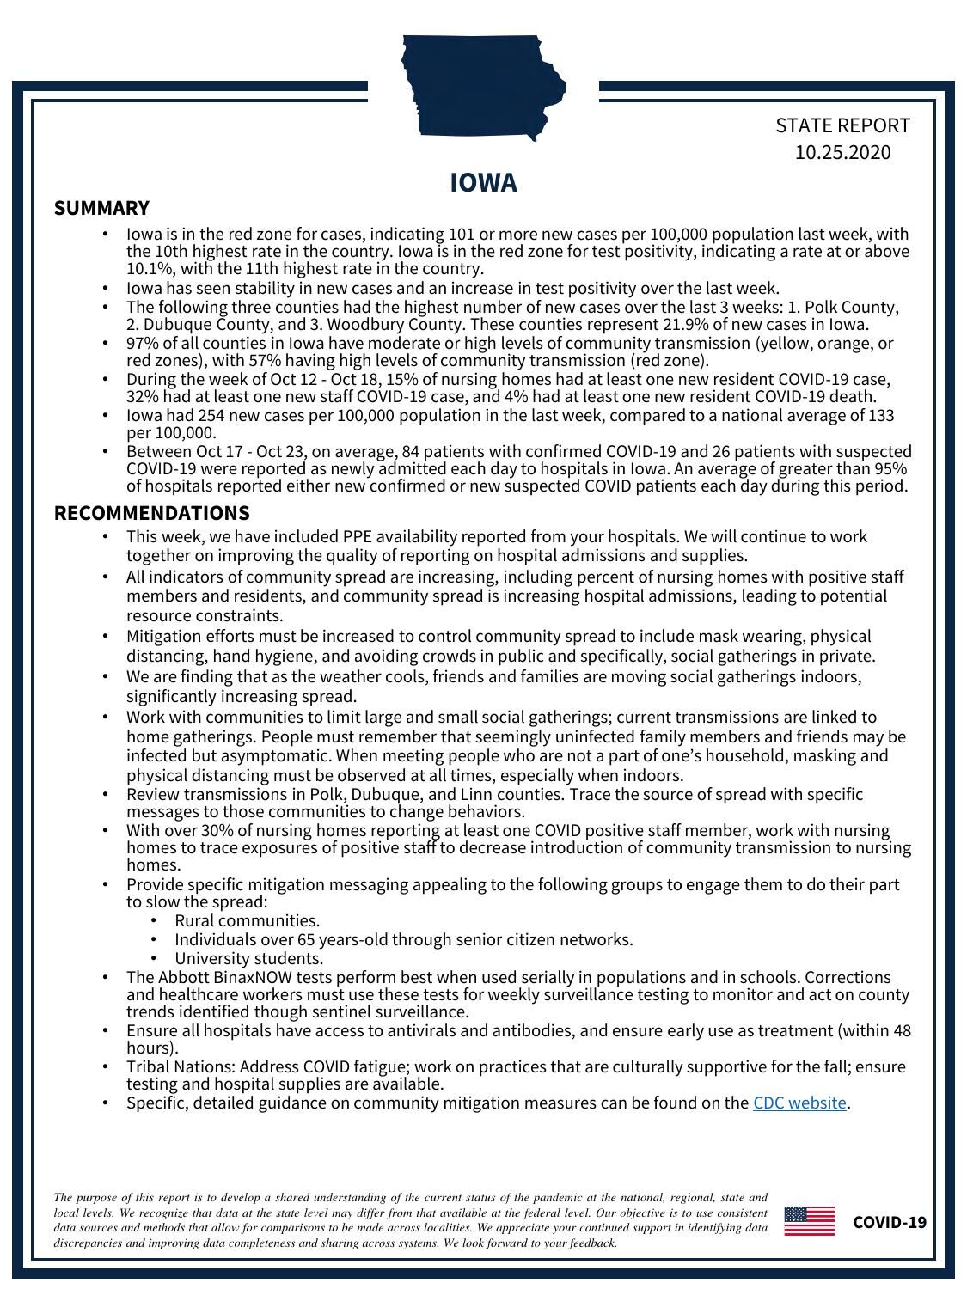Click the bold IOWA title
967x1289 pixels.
pos(484,183)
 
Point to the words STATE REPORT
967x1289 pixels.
pos(842,125)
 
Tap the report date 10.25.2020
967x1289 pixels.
pos(842,153)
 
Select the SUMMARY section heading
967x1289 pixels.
pos(101,208)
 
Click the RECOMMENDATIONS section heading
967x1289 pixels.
pos(151,513)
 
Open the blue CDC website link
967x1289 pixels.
pos(799,1103)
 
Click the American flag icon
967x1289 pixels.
pos(809,1221)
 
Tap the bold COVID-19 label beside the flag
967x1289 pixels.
pos(889,1222)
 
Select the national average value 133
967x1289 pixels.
pos(879,416)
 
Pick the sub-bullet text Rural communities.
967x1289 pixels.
pos(247,920)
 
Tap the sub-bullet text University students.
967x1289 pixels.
pos(248,958)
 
